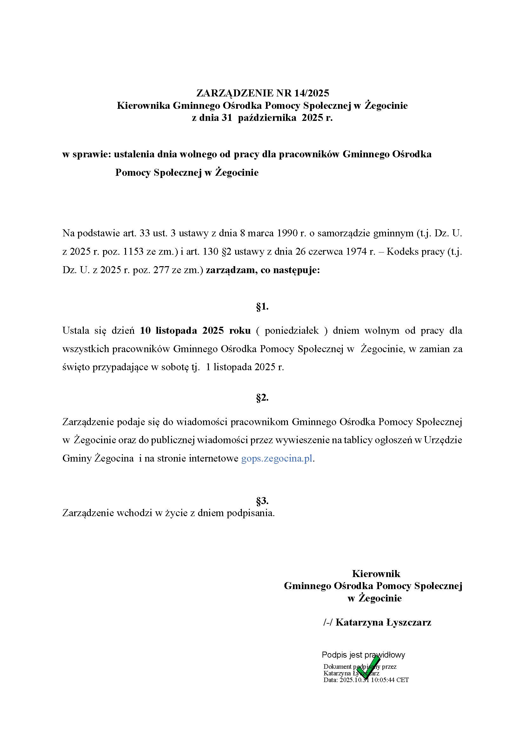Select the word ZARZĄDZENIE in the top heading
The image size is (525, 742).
(x=235, y=93)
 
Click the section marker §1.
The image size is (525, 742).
(x=262, y=307)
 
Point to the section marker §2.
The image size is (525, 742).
(x=262, y=398)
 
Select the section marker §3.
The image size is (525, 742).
(x=262, y=501)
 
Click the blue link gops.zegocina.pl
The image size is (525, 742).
(x=277, y=459)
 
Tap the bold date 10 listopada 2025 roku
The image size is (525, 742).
(x=195, y=331)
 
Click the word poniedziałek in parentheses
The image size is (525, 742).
(x=292, y=331)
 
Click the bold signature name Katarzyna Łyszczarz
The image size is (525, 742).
(x=383, y=622)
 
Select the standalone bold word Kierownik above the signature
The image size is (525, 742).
(x=375, y=574)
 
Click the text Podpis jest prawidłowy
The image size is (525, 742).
(x=363, y=655)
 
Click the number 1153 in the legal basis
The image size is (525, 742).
(x=134, y=252)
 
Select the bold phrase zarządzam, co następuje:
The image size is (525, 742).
(x=263, y=270)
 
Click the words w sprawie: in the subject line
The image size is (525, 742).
(x=87, y=154)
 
